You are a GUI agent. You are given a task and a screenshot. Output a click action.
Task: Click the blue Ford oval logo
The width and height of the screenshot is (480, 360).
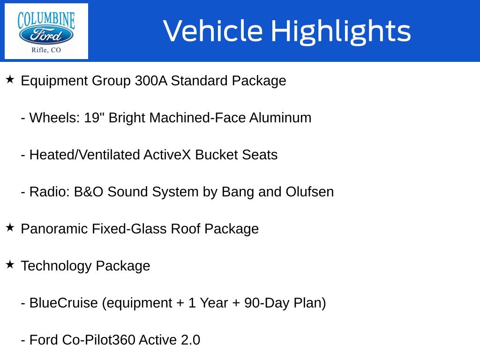(46, 35)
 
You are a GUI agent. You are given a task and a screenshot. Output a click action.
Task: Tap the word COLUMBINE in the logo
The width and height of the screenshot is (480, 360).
(46, 20)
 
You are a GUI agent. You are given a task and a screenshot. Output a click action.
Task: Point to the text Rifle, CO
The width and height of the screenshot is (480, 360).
(46, 50)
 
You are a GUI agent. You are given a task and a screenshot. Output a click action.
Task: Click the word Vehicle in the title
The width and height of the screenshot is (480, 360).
(213, 30)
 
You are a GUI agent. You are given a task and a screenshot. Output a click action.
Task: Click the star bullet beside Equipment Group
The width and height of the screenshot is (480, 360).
(10, 80)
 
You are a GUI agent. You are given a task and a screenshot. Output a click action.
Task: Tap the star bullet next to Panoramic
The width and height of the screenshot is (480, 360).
(10, 227)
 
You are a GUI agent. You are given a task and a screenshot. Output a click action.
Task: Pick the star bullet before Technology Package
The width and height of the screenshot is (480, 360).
(10, 264)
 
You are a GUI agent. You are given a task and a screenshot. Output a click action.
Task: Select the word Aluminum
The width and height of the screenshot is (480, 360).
(280, 118)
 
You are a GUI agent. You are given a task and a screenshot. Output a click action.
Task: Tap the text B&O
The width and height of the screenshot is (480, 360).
(89, 192)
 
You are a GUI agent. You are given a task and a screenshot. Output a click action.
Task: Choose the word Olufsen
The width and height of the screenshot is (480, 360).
(309, 192)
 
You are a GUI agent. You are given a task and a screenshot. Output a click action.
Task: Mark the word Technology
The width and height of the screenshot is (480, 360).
(56, 266)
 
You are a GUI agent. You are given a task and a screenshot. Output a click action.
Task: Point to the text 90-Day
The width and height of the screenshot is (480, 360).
(267, 303)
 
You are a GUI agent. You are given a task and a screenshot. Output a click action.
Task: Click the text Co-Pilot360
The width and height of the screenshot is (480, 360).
(98, 340)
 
